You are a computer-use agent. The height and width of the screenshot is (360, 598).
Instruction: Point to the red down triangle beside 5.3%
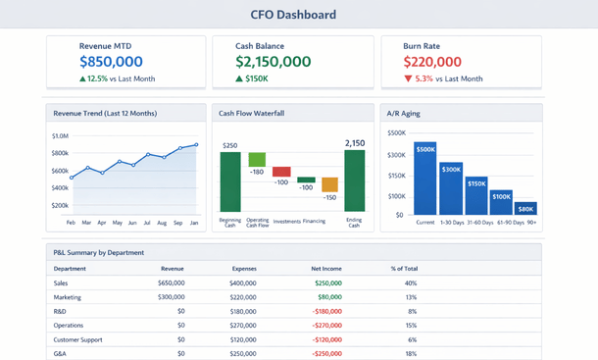(409, 78)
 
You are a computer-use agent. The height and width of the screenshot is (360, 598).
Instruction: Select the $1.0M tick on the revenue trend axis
(59, 135)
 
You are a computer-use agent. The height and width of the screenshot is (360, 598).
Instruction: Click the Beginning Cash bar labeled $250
(230, 181)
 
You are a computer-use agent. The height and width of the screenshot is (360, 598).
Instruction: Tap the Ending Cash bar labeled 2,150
(354, 180)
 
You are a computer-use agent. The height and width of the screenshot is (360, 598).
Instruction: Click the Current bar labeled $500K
(425, 179)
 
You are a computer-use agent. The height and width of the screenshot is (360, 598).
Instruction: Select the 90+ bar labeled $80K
(525, 208)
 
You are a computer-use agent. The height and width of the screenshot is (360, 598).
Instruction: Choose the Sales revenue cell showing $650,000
(171, 283)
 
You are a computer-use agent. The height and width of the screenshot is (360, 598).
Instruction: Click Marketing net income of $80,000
(329, 296)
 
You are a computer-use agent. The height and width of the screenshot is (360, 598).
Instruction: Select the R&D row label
(61, 311)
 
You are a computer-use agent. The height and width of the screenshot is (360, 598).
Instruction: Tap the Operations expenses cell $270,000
(242, 325)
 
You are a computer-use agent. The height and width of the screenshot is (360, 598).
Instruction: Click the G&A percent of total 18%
(411, 353)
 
